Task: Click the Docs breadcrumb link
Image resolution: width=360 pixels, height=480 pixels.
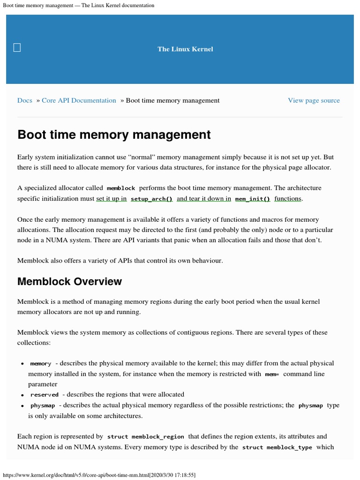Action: pyautogui.click(x=25, y=100)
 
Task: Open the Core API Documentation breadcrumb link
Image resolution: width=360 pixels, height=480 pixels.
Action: pyautogui.click(x=79, y=100)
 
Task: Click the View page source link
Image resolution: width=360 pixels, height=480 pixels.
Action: pyautogui.click(x=314, y=100)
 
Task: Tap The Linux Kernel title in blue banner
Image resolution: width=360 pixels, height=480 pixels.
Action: pyautogui.click(x=185, y=49)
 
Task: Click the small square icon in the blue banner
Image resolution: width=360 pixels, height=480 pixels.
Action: pyautogui.click(x=17, y=47)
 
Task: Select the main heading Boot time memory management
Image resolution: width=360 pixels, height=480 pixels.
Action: pyautogui.click(x=114, y=135)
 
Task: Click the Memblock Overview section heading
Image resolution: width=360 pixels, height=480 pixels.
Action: pyautogui.click(x=69, y=281)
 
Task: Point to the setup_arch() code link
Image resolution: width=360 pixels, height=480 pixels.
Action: pyautogui.click(x=151, y=199)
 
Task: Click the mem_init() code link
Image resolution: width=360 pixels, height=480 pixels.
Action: pyautogui.click(x=252, y=199)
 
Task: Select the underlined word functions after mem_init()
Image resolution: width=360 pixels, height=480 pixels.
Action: pyautogui.click(x=288, y=198)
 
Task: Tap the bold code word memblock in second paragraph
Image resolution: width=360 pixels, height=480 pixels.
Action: pyautogui.click(x=120, y=188)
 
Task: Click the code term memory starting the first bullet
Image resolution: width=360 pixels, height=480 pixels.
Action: pyautogui.click(x=41, y=364)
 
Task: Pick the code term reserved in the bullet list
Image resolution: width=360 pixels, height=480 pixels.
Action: pyautogui.click(x=45, y=395)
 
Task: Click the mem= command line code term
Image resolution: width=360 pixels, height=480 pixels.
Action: pyautogui.click(x=272, y=374)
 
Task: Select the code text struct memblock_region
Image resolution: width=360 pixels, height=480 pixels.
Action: pyautogui.click(x=146, y=436)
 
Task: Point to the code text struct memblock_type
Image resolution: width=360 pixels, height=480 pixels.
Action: pyautogui.click(x=277, y=447)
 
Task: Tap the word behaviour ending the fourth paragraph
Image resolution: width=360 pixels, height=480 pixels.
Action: pyautogui.click(x=207, y=260)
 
